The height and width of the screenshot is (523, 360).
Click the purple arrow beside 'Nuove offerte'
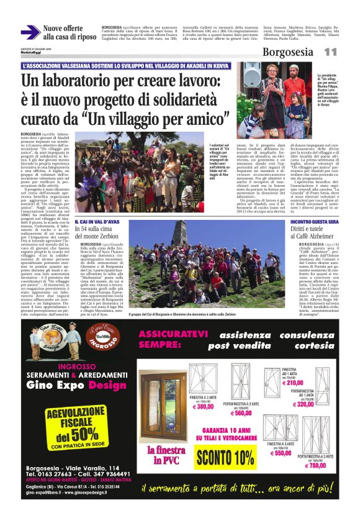click(x=30, y=32)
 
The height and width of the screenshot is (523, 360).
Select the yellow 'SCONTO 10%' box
click(x=225, y=458)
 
